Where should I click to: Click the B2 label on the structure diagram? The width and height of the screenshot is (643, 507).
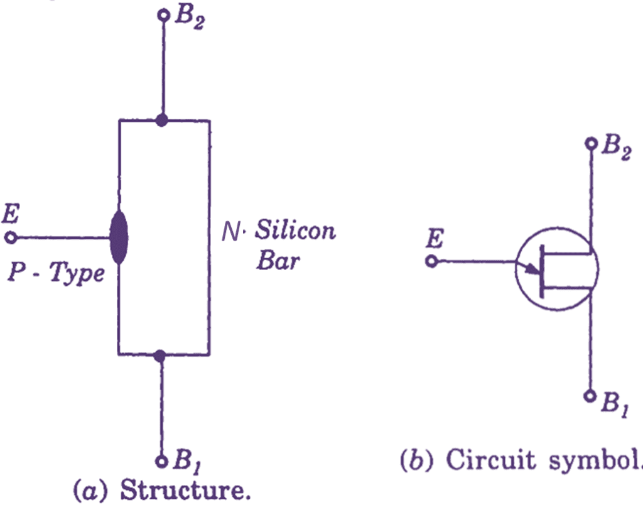pyautogui.click(x=190, y=18)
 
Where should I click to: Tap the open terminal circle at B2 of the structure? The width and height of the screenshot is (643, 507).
pyautogui.click(x=164, y=15)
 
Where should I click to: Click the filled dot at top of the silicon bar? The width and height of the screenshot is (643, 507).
pyautogui.click(x=163, y=121)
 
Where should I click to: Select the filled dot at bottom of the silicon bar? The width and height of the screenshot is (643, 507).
pyautogui.click(x=160, y=356)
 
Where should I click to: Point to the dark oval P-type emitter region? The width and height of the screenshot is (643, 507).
pyautogui.click(x=119, y=237)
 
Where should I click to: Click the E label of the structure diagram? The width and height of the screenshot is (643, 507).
pyautogui.click(x=11, y=214)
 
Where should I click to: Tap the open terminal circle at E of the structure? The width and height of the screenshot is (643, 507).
pyautogui.click(x=11, y=237)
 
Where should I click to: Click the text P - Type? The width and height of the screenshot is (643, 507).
pyautogui.click(x=56, y=272)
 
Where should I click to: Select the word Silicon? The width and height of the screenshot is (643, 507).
pyautogui.click(x=295, y=230)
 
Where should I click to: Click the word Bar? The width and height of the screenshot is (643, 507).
pyautogui.click(x=278, y=260)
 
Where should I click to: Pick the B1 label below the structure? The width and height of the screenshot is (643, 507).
pyautogui.click(x=187, y=461)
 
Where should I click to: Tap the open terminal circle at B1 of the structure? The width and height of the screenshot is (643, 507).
pyautogui.click(x=161, y=462)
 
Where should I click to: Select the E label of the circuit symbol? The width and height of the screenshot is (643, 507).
pyautogui.click(x=435, y=238)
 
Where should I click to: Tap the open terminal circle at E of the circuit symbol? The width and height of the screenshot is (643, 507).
pyautogui.click(x=431, y=261)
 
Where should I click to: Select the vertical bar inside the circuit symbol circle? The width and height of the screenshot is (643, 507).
pyautogui.click(x=542, y=271)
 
